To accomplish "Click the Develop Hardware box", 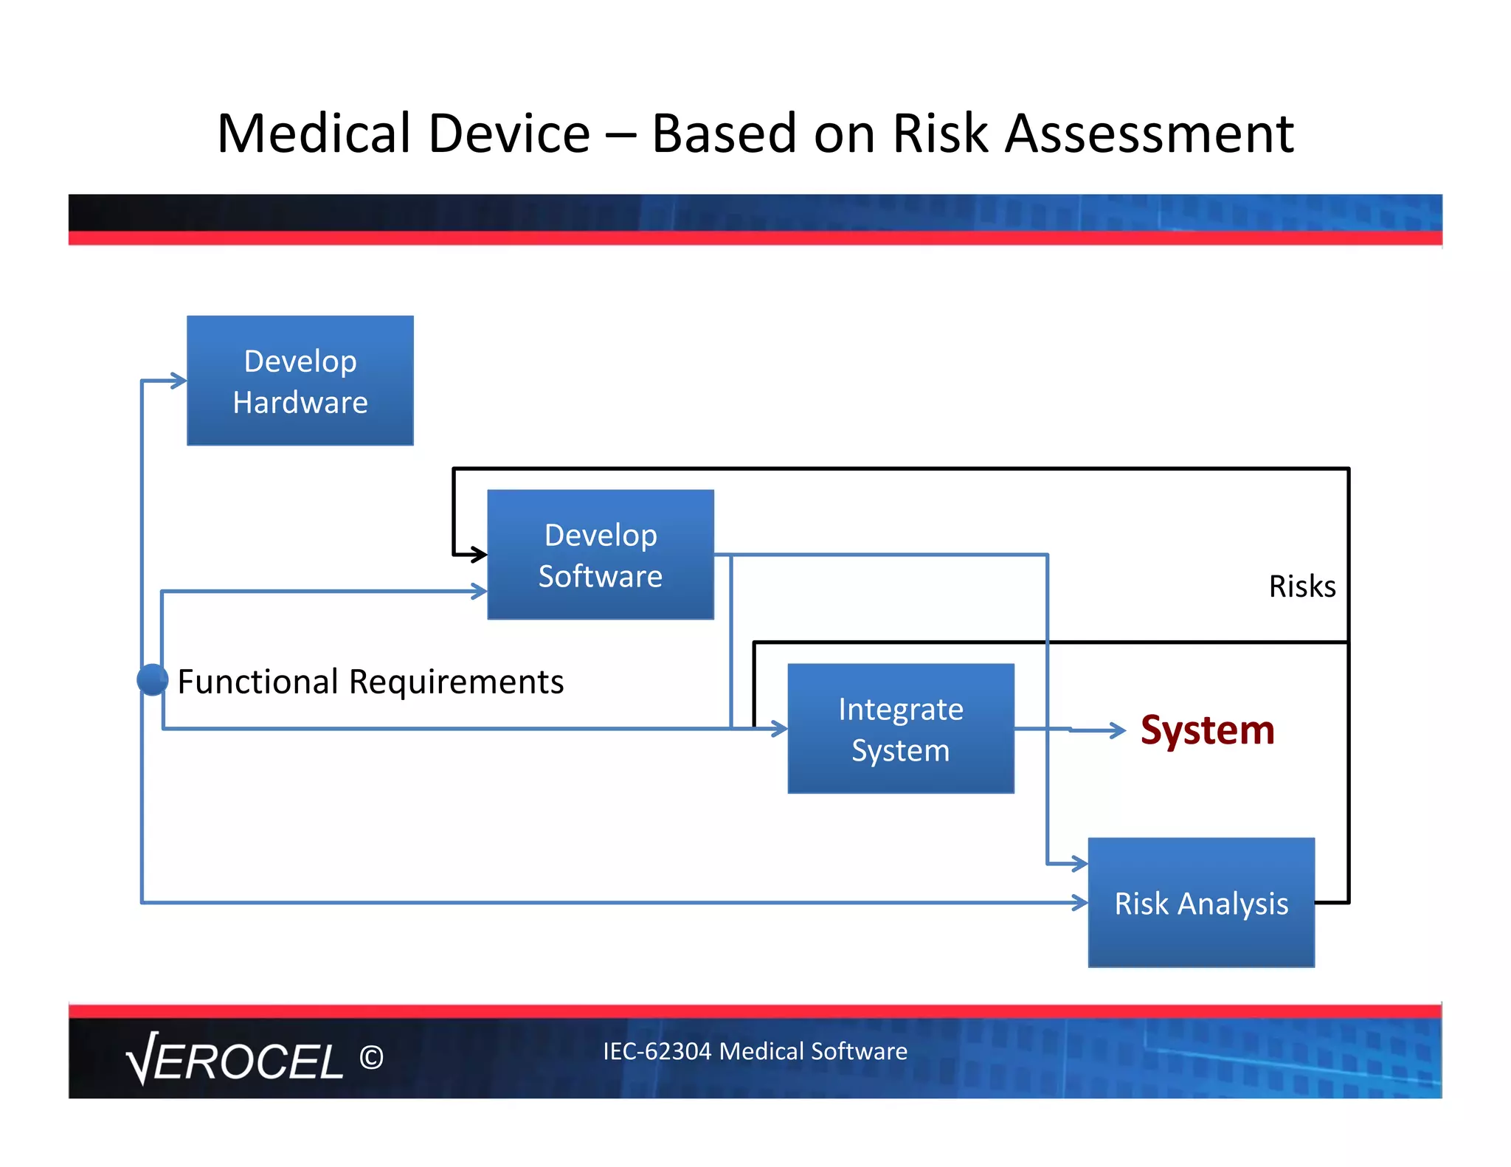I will pyautogui.click(x=300, y=381).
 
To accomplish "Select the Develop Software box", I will pyautogui.click(x=601, y=555).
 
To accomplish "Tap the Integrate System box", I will pyautogui.click(x=901, y=729).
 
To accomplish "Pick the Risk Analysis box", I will pyautogui.click(x=1201, y=903).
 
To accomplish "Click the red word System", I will pyautogui.click(x=1207, y=730).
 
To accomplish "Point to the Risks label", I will pyautogui.click(x=1302, y=586).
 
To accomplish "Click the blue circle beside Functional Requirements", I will pyautogui.click(x=153, y=679).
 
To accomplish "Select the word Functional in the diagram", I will pyautogui.click(x=257, y=682).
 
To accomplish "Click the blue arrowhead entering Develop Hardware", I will pyautogui.click(x=179, y=381).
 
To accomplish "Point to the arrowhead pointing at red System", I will pyautogui.click(x=1118, y=730).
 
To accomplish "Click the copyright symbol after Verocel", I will pyautogui.click(x=371, y=1058).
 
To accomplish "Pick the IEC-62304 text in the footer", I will pyautogui.click(x=656, y=1051).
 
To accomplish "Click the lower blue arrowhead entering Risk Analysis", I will pyautogui.click(x=1080, y=902).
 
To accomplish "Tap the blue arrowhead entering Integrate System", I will pyautogui.click(x=780, y=729).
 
